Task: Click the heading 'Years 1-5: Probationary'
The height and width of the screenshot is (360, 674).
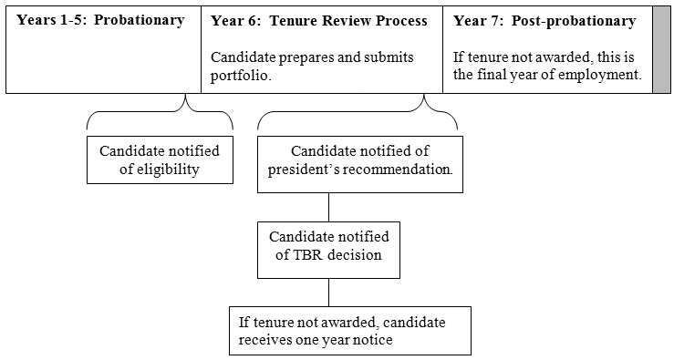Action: pos(100,21)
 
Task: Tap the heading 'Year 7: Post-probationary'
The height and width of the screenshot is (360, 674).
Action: pos(544,21)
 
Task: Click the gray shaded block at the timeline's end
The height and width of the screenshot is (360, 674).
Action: pos(660,48)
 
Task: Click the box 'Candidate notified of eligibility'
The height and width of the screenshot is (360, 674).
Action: pos(160,159)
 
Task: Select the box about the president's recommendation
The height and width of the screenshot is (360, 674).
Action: pos(359,160)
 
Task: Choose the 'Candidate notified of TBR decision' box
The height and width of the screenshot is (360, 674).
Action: pos(328,245)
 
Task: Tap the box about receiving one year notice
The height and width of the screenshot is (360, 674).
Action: pos(349,330)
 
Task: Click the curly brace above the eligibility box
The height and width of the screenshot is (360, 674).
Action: pos(160,116)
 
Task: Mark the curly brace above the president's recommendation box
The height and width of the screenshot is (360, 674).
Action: pos(358,116)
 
